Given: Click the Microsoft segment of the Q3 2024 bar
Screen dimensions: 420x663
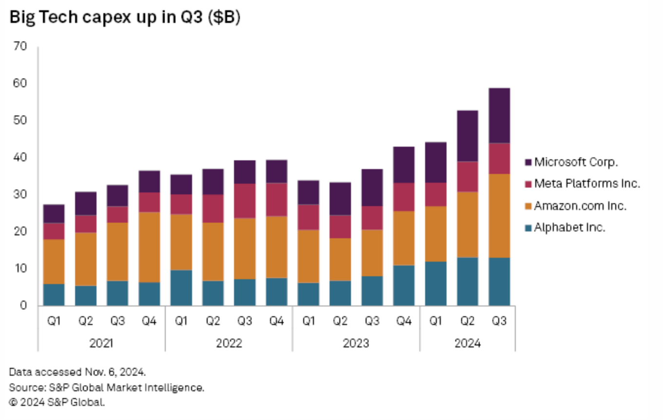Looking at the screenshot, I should (499, 115).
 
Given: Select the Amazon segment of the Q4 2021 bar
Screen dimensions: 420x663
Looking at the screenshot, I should (149, 247).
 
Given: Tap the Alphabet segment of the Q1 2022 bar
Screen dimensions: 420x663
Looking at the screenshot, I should (181, 287).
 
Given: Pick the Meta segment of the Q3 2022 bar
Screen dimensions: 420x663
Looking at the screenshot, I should (245, 201).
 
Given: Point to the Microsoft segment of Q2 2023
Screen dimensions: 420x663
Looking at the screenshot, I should (340, 199).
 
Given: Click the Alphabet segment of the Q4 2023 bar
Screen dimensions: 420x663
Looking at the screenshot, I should (404, 285).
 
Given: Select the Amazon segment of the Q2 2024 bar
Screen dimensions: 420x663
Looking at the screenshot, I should (467, 225).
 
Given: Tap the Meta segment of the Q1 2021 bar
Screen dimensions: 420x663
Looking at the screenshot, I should (54, 231).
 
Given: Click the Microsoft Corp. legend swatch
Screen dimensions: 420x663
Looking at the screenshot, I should (528, 162).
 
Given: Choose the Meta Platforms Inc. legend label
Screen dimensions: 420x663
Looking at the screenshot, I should (587, 184).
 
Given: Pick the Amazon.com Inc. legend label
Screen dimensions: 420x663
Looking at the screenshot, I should (580, 206).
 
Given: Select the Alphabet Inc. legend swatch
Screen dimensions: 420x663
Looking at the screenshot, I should (528, 228).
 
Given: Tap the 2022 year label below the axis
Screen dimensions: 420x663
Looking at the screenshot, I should (229, 344).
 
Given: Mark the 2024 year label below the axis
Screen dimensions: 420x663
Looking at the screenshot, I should (468, 344).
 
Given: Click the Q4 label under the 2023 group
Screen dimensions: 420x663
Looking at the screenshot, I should (404, 322).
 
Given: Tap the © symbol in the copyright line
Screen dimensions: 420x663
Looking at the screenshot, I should (13, 402).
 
